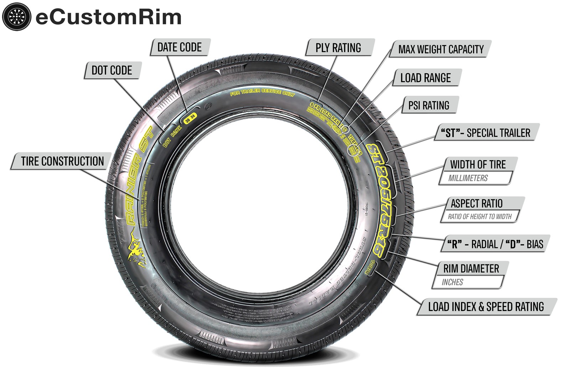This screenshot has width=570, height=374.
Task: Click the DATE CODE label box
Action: tap(179, 47)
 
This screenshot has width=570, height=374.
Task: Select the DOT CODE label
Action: tap(112, 70)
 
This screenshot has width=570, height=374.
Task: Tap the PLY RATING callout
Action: tap(338, 48)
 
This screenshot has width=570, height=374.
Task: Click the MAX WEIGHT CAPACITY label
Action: tap(441, 49)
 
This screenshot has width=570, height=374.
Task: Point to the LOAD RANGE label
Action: tap(425, 78)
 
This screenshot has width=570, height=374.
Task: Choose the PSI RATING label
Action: tap(429, 105)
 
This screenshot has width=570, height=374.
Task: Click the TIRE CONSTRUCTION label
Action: tap(62, 161)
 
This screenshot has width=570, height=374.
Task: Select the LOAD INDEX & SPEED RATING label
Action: tap(486, 307)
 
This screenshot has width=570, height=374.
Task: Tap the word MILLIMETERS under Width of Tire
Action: tap(468, 178)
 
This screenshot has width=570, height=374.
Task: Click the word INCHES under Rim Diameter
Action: tap(452, 282)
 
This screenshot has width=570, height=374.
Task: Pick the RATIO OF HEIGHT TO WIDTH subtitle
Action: tap(480, 216)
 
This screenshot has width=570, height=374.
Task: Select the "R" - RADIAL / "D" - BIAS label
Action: tap(495, 244)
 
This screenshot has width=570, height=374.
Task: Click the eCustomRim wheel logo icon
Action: tap(16, 17)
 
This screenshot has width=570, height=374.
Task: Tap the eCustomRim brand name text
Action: tap(109, 17)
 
